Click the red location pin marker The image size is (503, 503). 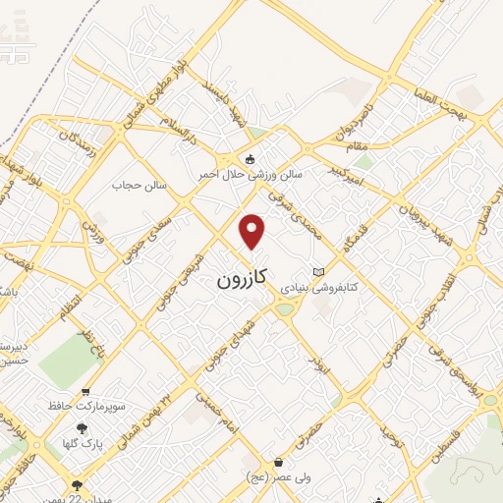(x=253, y=231)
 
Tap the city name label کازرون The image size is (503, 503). (x=241, y=280)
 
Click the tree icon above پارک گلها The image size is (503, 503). (x=82, y=428)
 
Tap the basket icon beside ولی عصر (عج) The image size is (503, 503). (x=279, y=463)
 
